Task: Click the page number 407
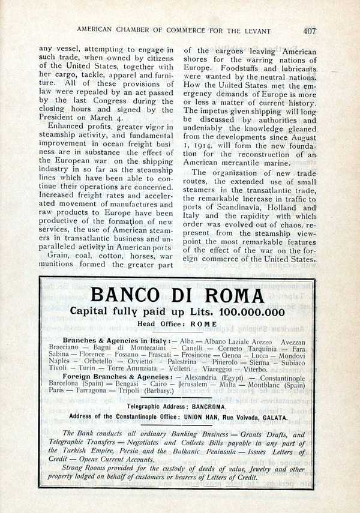click(x=309, y=31)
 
